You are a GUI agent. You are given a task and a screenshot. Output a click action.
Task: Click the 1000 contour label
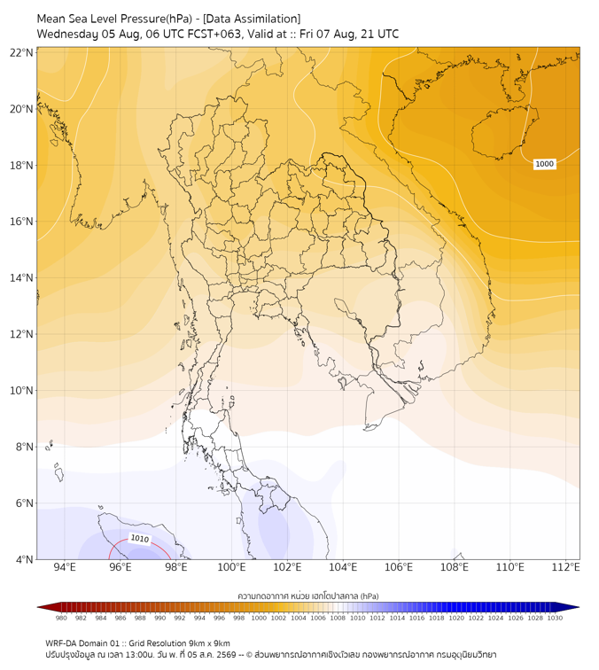pyautogui.click(x=544, y=164)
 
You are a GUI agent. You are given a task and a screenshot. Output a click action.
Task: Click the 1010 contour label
pyautogui.click(x=140, y=539)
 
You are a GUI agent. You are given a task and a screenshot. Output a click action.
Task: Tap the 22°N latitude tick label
pyautogui.click(x=22, y=52)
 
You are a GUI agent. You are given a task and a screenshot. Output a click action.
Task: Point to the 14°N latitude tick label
pyautogui.click(x=22, y=277)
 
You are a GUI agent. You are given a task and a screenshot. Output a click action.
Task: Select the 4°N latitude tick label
pyautogui.click(x=24, y=559)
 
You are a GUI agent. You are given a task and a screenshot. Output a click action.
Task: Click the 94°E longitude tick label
pyautogui.click(x=65, y=567)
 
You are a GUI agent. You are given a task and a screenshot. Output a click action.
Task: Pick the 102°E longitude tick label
pyautogui.click(x=287, y=567)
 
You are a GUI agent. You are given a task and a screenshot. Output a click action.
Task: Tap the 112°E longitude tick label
pyautogui.click(x=565, y=567)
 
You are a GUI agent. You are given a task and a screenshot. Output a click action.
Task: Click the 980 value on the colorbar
pyautogui.click(x=61, y=618)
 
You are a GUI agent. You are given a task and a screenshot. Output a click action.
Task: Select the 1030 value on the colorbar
pyautogui.click(x=555, y=618)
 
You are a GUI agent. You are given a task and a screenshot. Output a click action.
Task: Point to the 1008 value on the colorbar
pyautogui.click(x=338, y=618)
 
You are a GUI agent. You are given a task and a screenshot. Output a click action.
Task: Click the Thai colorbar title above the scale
pyautogui.click(x=308, y=596)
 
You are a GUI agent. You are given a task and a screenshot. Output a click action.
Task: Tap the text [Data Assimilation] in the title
pyautogui.click(x=252, y=19)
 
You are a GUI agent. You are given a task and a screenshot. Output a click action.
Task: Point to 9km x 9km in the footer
pyautogui.click(x=209, y=643)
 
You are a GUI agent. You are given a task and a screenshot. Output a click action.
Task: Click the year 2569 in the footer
pyautogui.click(x=227, y=655)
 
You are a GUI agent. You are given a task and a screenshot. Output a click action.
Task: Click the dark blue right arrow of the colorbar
pyautogui.click(x=568, y=607)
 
